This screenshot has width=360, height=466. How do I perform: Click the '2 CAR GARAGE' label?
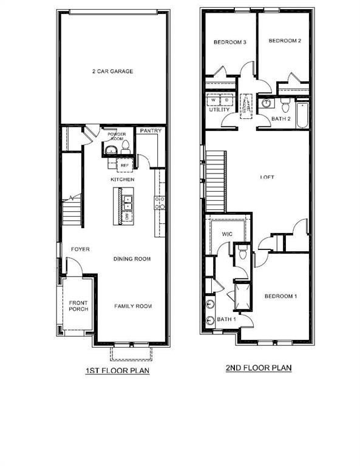[112, 72]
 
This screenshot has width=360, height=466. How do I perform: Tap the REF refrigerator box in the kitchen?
[125, 165]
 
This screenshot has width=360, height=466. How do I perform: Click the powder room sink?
[111, 150]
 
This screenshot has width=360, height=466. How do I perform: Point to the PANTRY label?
[150, 130]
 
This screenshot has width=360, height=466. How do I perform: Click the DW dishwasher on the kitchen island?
[127, 215]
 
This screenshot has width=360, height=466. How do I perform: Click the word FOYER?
[81, 249]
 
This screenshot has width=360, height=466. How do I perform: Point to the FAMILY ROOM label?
[133, 306]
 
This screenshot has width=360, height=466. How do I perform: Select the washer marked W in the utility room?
[213, 100]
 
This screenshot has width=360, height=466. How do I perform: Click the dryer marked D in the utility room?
[222, 100]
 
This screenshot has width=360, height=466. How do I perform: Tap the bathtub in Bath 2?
[302, 112]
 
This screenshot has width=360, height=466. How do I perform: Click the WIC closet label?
[228, 233]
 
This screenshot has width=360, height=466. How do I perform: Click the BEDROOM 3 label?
[229, 42]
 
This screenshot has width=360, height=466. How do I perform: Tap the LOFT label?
[267, 177]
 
